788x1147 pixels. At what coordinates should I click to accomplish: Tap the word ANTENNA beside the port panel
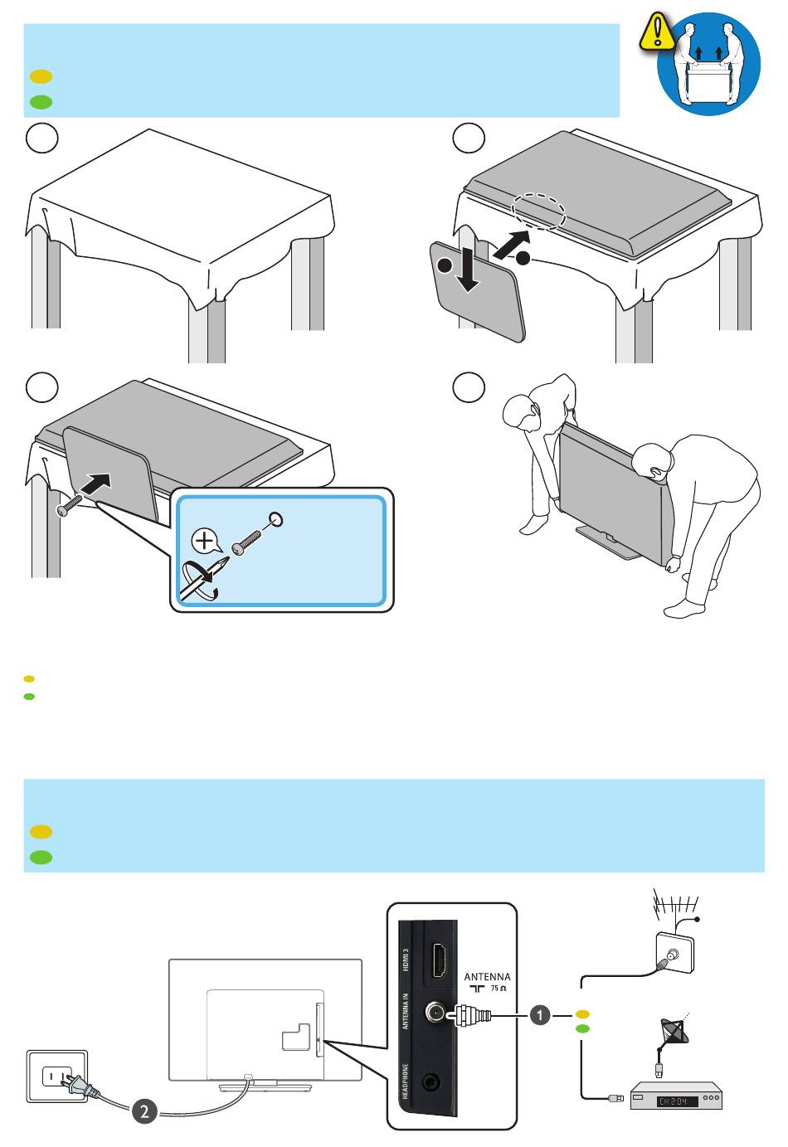[x=487, y=976]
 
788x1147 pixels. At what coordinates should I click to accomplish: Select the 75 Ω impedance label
[x=499, y=989]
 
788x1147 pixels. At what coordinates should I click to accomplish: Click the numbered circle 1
[x=540, y=1015]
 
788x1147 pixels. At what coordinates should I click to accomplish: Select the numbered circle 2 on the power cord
[x=144, y=1111]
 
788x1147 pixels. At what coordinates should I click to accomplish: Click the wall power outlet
[x=57, y=1077]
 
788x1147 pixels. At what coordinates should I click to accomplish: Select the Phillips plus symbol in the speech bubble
[x=204, y=540]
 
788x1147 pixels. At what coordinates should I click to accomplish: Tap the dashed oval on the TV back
[x=538, y=211]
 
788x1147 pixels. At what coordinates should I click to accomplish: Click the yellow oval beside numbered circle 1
[x=582, y=1013]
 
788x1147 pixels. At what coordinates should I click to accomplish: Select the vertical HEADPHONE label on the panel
[x=405, y=1081]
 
